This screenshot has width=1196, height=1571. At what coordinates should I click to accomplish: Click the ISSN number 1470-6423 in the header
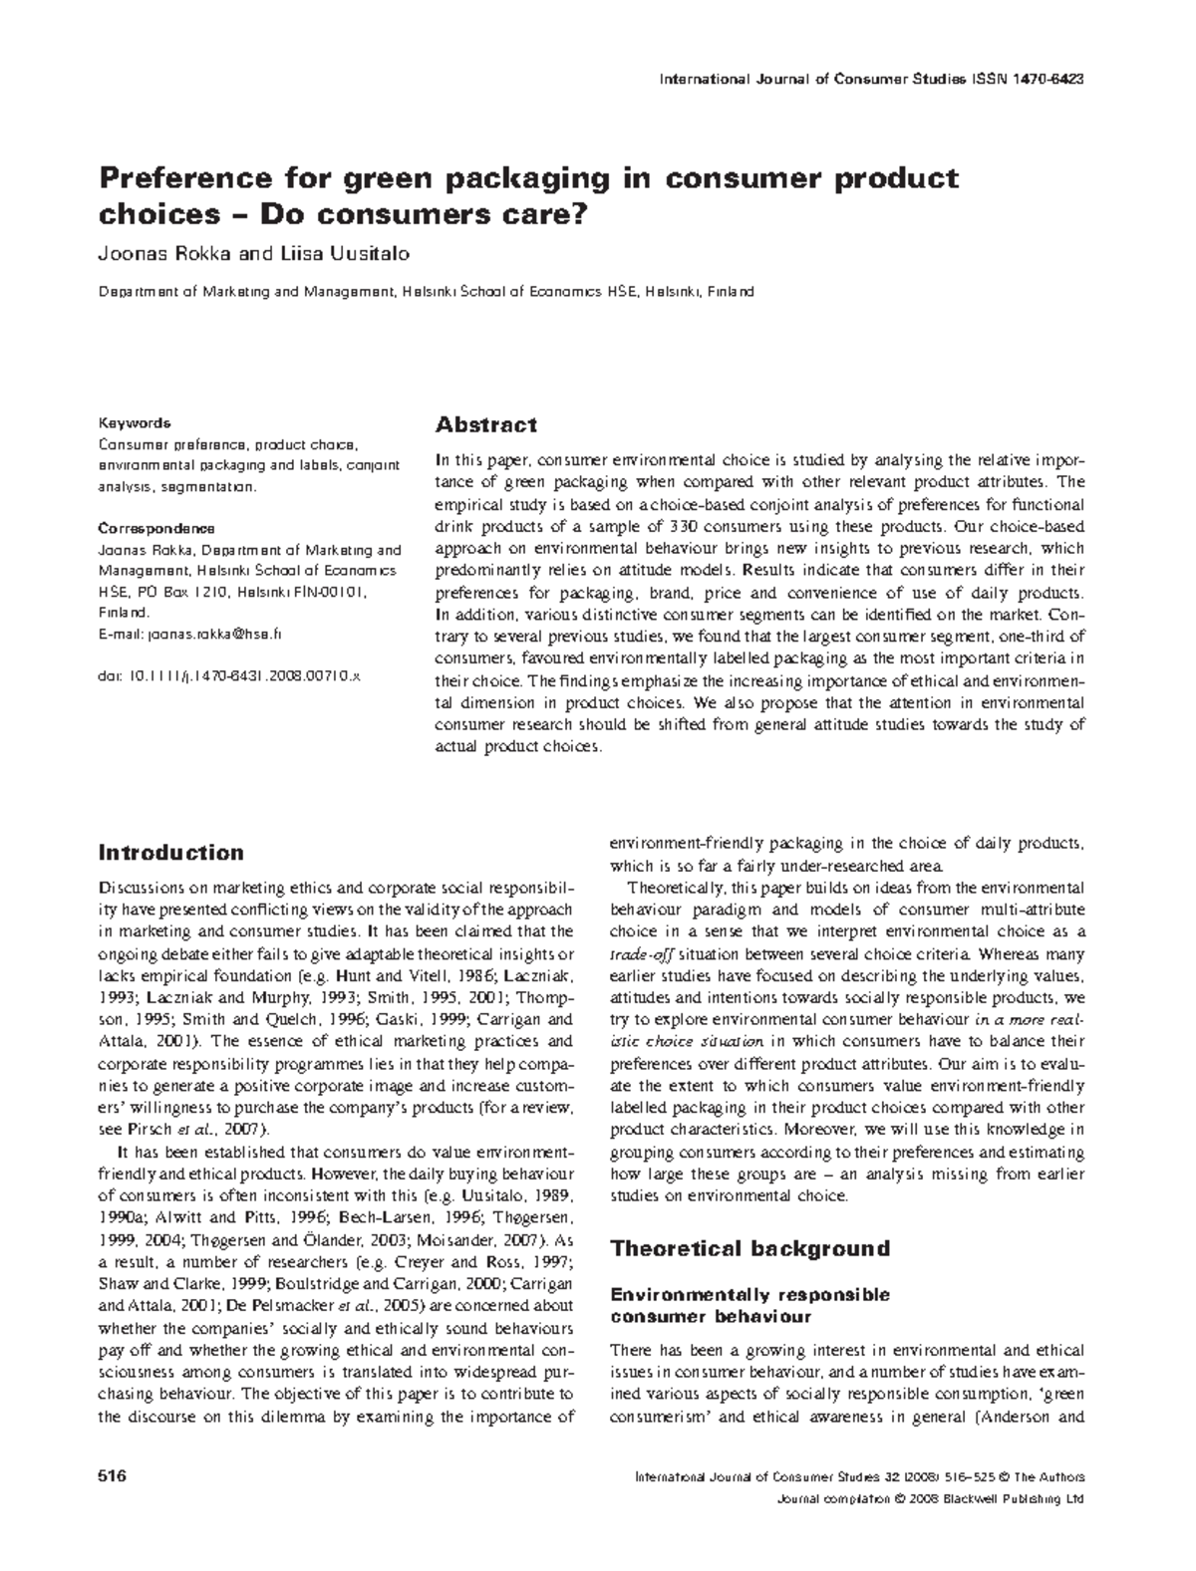tap(1047, 79)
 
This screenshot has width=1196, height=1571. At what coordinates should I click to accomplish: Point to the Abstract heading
tap(486, 425)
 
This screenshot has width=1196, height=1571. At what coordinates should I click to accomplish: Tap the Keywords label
tap(134, 422)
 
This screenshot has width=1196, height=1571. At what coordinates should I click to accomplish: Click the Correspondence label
tap(155, 528)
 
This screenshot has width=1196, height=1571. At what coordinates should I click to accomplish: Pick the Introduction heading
tap(170, 853)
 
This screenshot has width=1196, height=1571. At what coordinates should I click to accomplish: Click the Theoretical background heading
tap(749, 1248)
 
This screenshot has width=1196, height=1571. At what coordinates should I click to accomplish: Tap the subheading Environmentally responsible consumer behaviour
tap(749, 1305)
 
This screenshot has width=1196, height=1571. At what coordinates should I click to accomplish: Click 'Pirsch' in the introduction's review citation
tap(151, 1129)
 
